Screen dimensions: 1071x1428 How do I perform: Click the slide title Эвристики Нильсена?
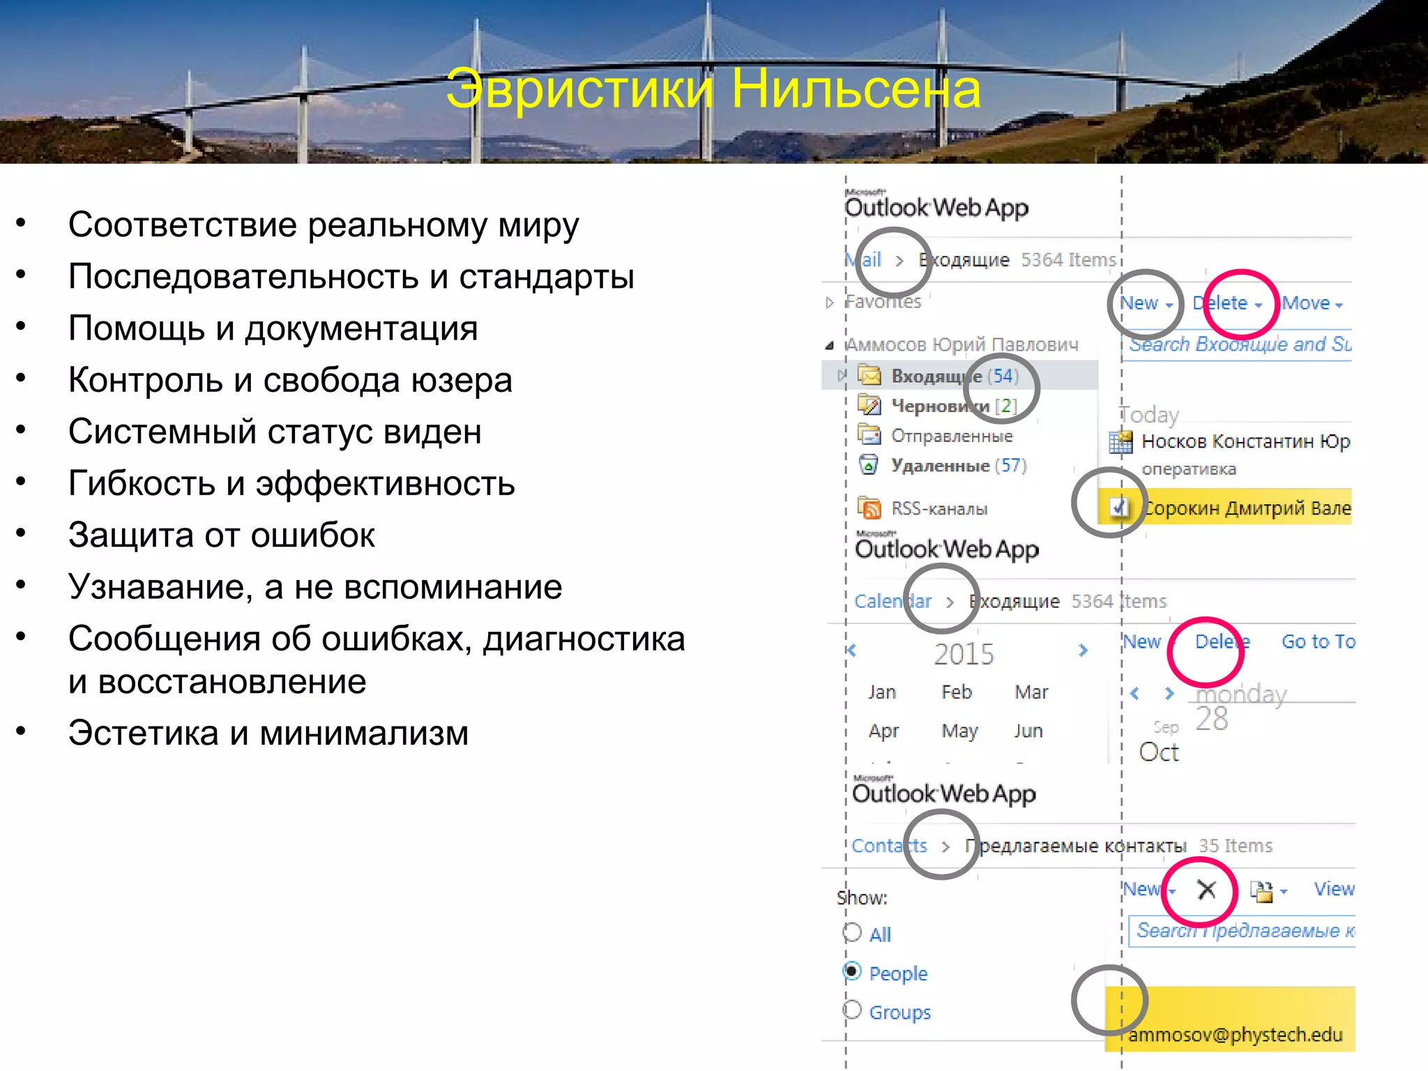(x=713, y=89)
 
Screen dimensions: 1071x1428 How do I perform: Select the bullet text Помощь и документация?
(x=273, y=328)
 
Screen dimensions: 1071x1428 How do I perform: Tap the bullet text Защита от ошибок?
(x=221, y=535)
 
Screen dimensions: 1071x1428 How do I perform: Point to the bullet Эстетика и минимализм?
(x=268, y=733)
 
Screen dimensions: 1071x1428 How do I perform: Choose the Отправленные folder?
(x=951, y=436)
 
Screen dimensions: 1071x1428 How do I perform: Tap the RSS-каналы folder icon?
(x=869, y=508)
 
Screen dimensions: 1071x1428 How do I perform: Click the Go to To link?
(x=1318, y=641)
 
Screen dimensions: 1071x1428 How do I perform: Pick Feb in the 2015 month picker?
(x=956, y=692)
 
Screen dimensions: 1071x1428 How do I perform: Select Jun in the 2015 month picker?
(x=1028, y=731)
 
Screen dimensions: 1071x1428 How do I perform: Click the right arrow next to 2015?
(x=1083, y=651)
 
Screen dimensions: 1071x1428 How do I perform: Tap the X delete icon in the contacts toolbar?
(x=1206, y=889)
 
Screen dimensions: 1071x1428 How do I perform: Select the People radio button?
(x=852, y=971)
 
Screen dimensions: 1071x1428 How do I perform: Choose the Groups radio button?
(x=852, y=1010)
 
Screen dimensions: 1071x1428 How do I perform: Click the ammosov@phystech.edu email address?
(x=1235, y=1035)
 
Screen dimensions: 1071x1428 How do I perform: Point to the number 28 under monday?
(x=1212, y=719)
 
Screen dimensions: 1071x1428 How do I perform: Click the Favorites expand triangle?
(x=829, y=303)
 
